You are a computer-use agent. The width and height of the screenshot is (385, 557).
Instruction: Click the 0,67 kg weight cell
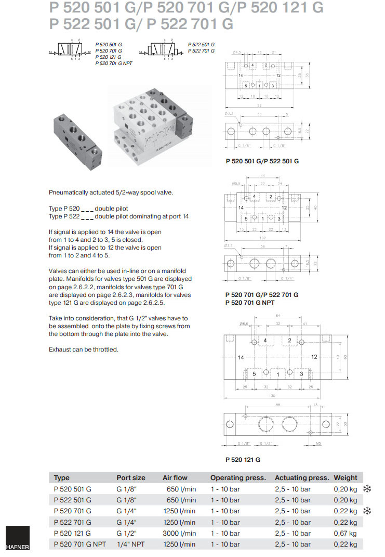tap(345, 533)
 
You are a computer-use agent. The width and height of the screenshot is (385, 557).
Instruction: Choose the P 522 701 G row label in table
tap(72, 522)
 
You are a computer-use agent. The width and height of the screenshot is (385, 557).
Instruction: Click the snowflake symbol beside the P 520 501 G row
tap(367, 489)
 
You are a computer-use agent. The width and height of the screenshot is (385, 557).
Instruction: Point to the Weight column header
tap(346, 477)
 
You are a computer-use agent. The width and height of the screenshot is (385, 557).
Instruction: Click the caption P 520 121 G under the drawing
tap(243, 460)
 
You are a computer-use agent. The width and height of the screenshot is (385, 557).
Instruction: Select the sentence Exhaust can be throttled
tap(83, 349)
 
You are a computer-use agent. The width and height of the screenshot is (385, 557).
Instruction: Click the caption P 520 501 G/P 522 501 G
tap(262, 161)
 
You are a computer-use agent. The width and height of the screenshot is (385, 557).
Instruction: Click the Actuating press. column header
tap(301, 477)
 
